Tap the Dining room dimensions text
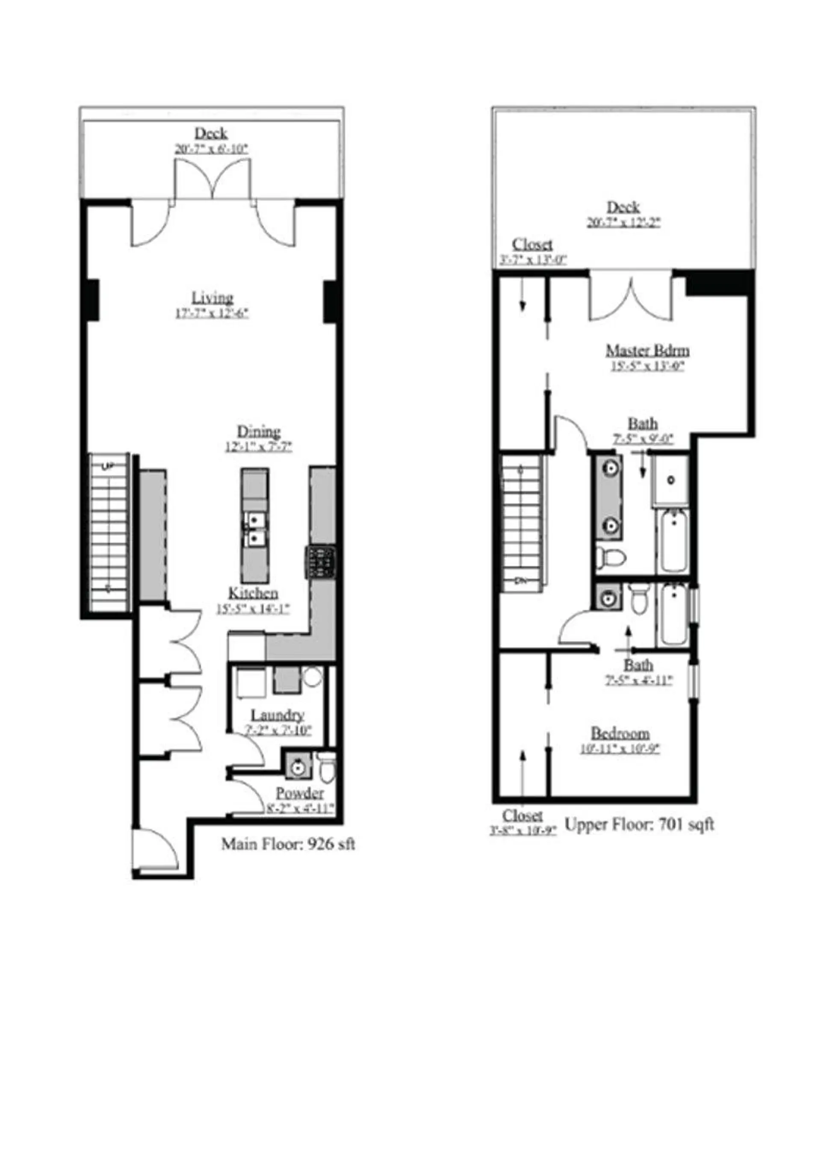(258, 447)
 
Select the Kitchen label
(253, 593)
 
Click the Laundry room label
(277, 715)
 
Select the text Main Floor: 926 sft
(288, 844)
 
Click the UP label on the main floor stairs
(108, 467)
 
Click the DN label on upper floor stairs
(521, 580)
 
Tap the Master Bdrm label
(647, 350)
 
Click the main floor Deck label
(211, 133)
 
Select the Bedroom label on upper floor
(620, 733)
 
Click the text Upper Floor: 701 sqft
(638, 824)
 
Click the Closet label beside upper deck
(532, 244)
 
